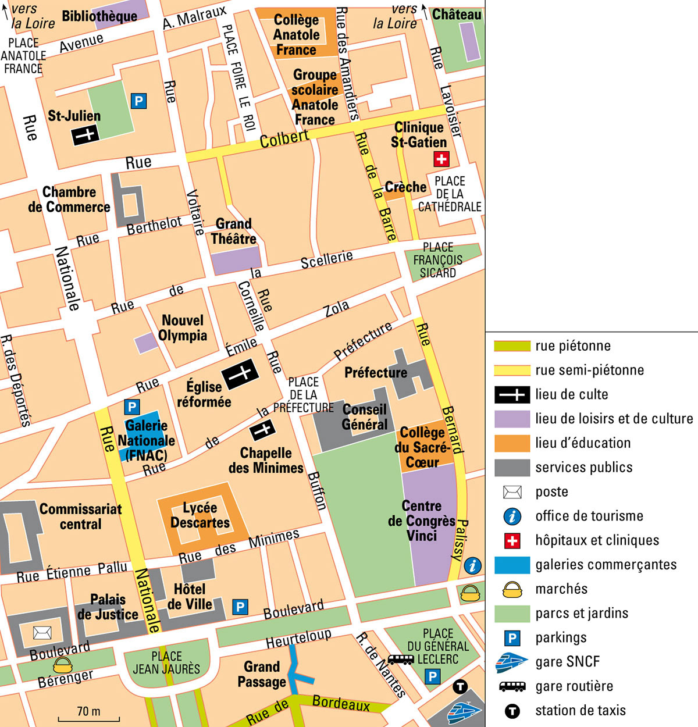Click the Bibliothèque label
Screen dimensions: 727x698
[99, 16]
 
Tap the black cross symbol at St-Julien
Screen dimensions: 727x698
[85, 136]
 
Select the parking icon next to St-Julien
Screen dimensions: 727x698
[138, 101]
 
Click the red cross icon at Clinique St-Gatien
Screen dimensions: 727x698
[441, 159]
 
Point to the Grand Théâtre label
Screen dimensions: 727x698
[233, 231]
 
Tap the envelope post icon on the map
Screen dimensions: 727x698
[42, 632]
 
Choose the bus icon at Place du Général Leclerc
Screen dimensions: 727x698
[400, 660]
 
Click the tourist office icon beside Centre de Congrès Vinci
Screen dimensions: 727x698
[473, 565]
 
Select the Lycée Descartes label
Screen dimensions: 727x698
[200, 515]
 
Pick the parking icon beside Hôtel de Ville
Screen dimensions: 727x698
[240, 607]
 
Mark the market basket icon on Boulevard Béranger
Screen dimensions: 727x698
[63, 665]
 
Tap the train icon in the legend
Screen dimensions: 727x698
[512, 662]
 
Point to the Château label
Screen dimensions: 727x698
[457, 15]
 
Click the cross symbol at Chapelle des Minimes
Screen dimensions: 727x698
[262, 431]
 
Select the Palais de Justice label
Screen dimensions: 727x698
[108, 607]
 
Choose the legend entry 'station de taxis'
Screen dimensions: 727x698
[580, 710]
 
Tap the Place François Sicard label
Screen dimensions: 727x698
[438, 260]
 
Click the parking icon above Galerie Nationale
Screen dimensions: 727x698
[132, 407]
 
